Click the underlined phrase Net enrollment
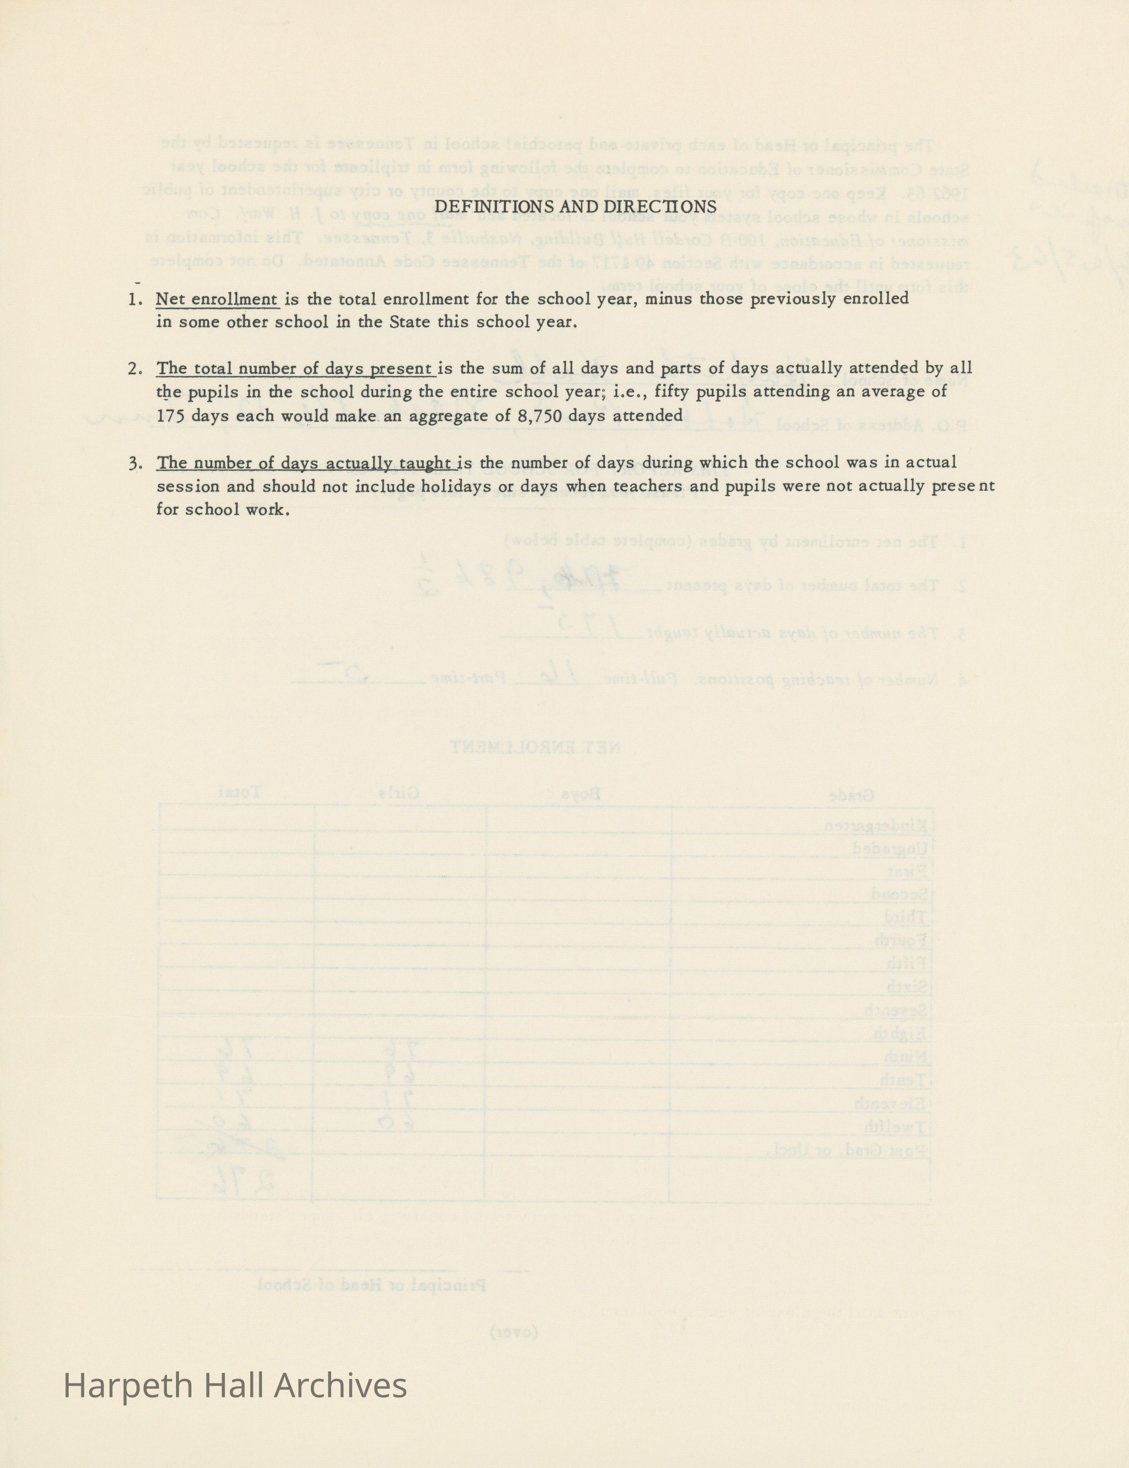216,300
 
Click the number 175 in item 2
171,416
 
